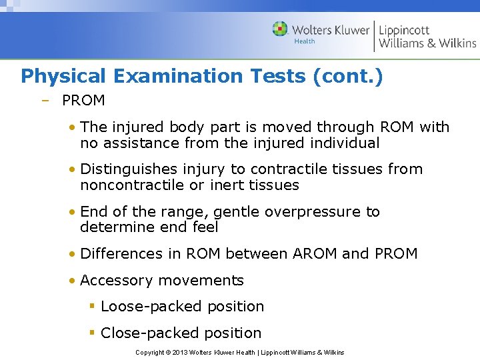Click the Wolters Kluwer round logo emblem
coord(281,29)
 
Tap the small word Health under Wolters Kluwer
coord(305,41)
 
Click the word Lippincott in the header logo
coord(404,30)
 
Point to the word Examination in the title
coord(179,76)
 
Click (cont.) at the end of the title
coord(347,76)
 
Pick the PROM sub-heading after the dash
coord(83,101)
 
